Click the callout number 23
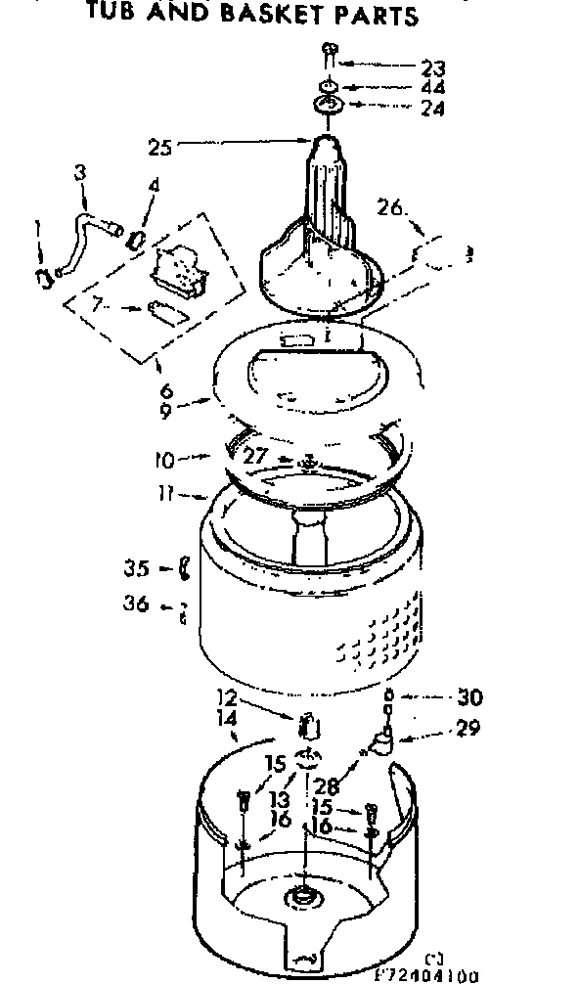[431, 68]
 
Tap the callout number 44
[431, 88]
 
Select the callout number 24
[431, 109]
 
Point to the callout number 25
[159, 149]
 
